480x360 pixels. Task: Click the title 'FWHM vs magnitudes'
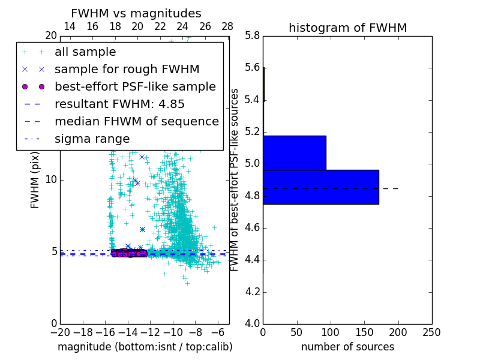(136, 13)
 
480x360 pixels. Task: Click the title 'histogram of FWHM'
(347, 28)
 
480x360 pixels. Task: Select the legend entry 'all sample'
(85, 52)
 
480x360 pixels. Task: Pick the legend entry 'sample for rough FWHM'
(127, 70)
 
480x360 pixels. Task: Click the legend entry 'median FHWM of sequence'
(136, 121)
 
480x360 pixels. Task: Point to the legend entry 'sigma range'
(92, 139)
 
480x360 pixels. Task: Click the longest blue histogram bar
(321, 187)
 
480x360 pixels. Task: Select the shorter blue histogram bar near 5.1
(295, 153)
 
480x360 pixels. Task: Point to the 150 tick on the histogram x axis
(364, 332)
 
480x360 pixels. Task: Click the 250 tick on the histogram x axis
(431, 332)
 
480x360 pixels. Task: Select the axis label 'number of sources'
(347, 347)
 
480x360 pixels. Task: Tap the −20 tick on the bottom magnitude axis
(60, 332)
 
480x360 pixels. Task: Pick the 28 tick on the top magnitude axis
(227, 26)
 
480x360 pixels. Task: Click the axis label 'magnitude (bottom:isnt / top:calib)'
(145, 347)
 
